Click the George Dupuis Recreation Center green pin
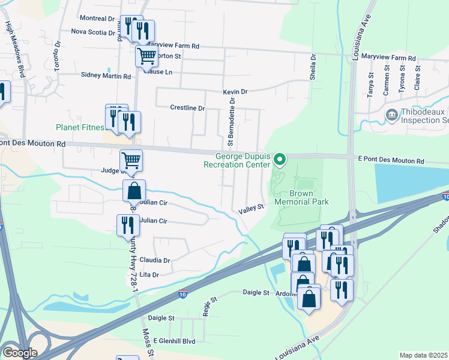tap(279, 159)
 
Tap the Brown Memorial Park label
tap(301, 198)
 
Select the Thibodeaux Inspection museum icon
tap(391, 114)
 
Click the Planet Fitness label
tap(80, 127)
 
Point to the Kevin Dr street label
tap(235, 92)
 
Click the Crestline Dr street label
tap(187, 108)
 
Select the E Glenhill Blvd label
tap(174, 341)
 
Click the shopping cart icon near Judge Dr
tap(131, 161)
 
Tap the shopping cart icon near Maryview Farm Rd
tap(146, 57)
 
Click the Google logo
tap(20, 353)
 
